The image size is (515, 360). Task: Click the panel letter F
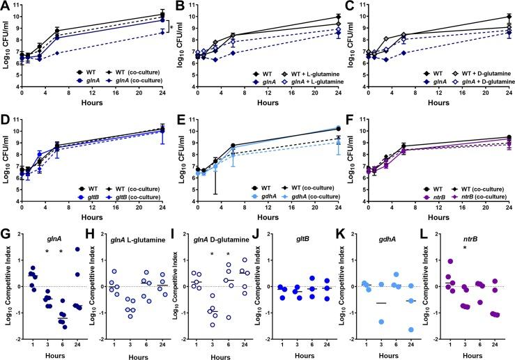(x=354, y=123)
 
